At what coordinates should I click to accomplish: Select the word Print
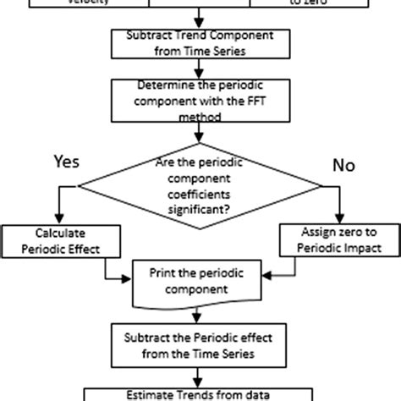(x=163, y=273)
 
